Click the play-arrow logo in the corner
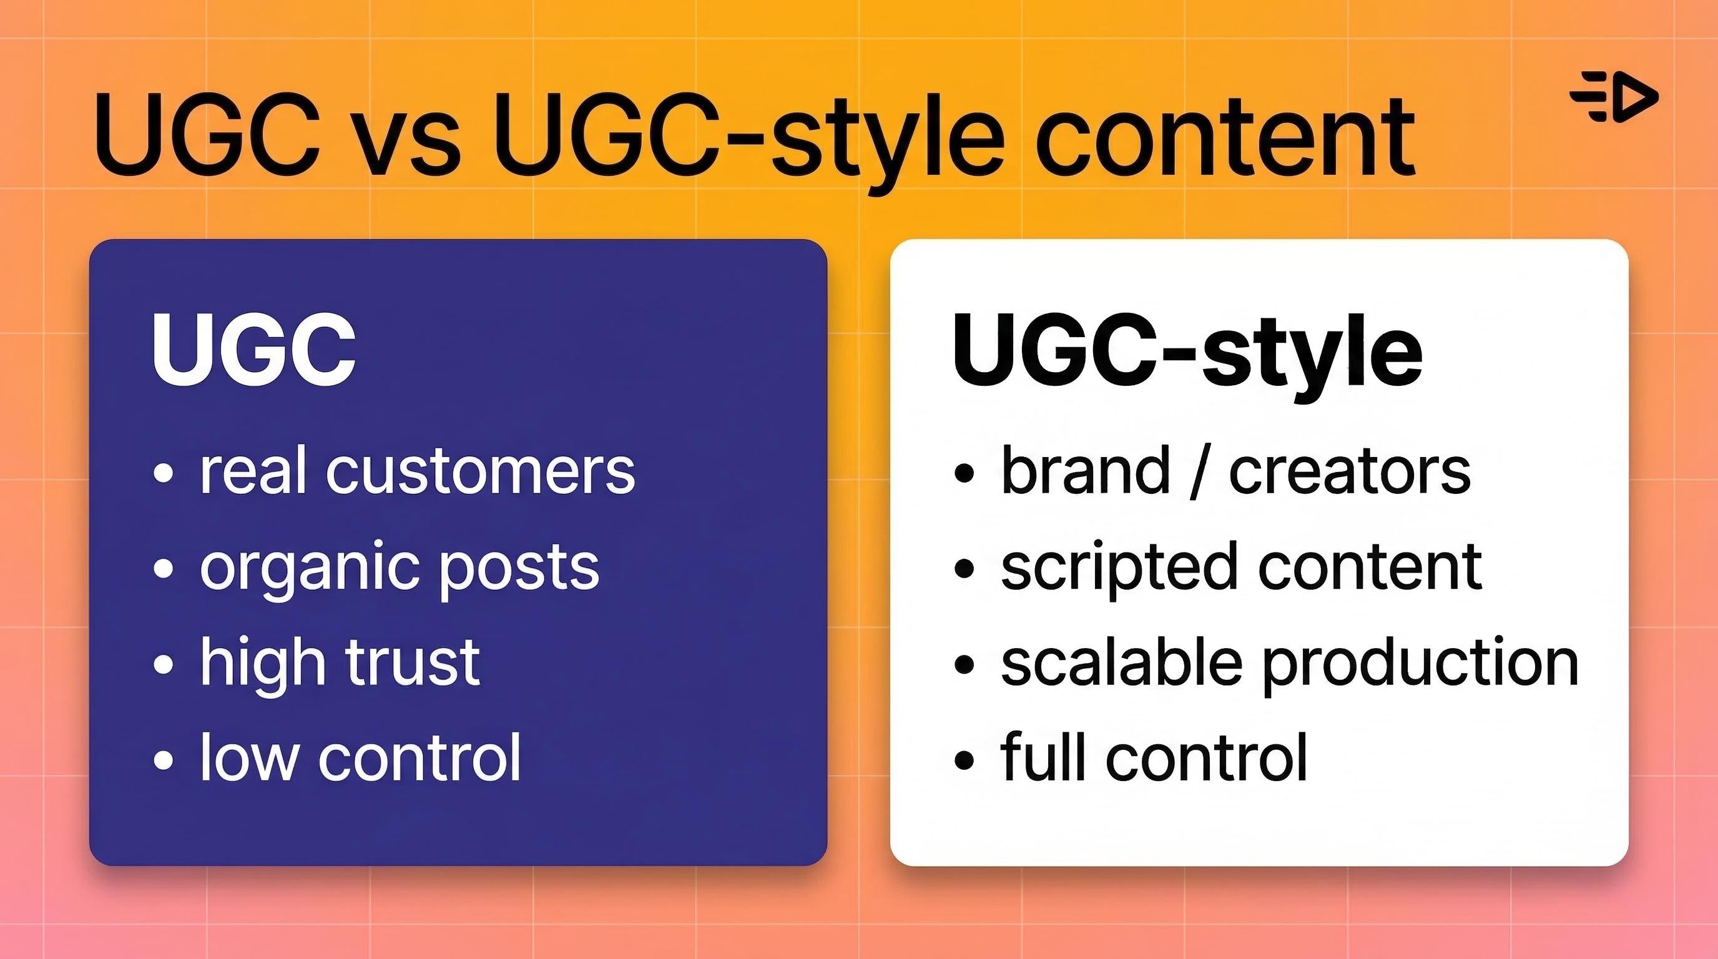coord(1613,98)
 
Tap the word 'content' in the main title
coord(1226,137)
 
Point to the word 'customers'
coord(480,471)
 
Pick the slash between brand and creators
coord(1199,471)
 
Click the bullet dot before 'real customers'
coord(164,473)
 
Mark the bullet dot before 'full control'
coord(965,760)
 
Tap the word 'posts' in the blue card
coord(519,571)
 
